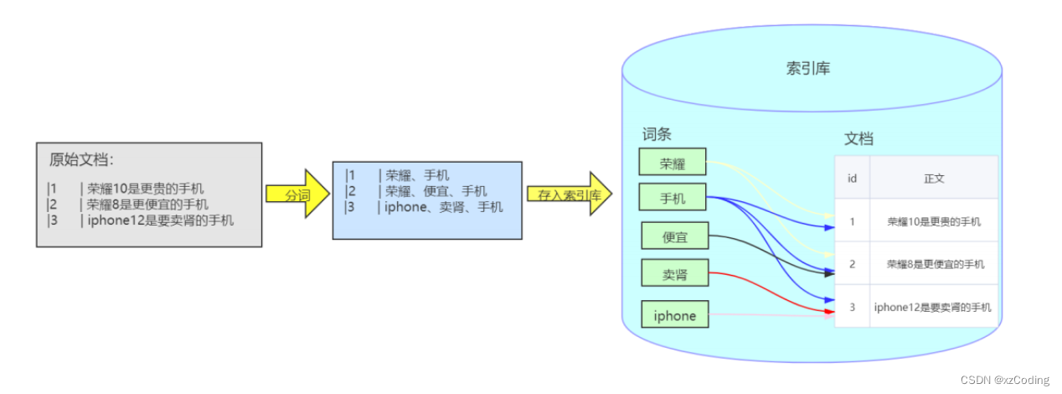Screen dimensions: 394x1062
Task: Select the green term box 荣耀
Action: point(672,163)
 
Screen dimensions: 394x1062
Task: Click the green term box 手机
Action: point(672,198)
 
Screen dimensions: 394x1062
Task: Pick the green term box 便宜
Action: point(674,236)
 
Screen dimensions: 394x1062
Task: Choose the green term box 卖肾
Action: point(674,273)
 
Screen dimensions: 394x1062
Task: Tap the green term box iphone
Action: point(674,315)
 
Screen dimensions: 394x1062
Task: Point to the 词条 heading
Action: point(657,134)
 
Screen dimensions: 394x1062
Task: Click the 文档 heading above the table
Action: point(858,139)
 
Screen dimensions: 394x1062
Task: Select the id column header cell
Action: point(852,178)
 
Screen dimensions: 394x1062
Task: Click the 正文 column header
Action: point(934,178)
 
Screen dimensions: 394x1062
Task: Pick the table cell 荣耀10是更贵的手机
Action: point(934,222)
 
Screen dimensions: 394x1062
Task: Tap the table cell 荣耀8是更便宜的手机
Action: point(934,264)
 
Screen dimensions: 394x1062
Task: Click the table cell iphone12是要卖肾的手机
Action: point(934,307)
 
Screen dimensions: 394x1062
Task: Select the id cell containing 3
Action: point(852,307)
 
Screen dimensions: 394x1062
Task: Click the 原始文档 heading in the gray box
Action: point(81,159)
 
